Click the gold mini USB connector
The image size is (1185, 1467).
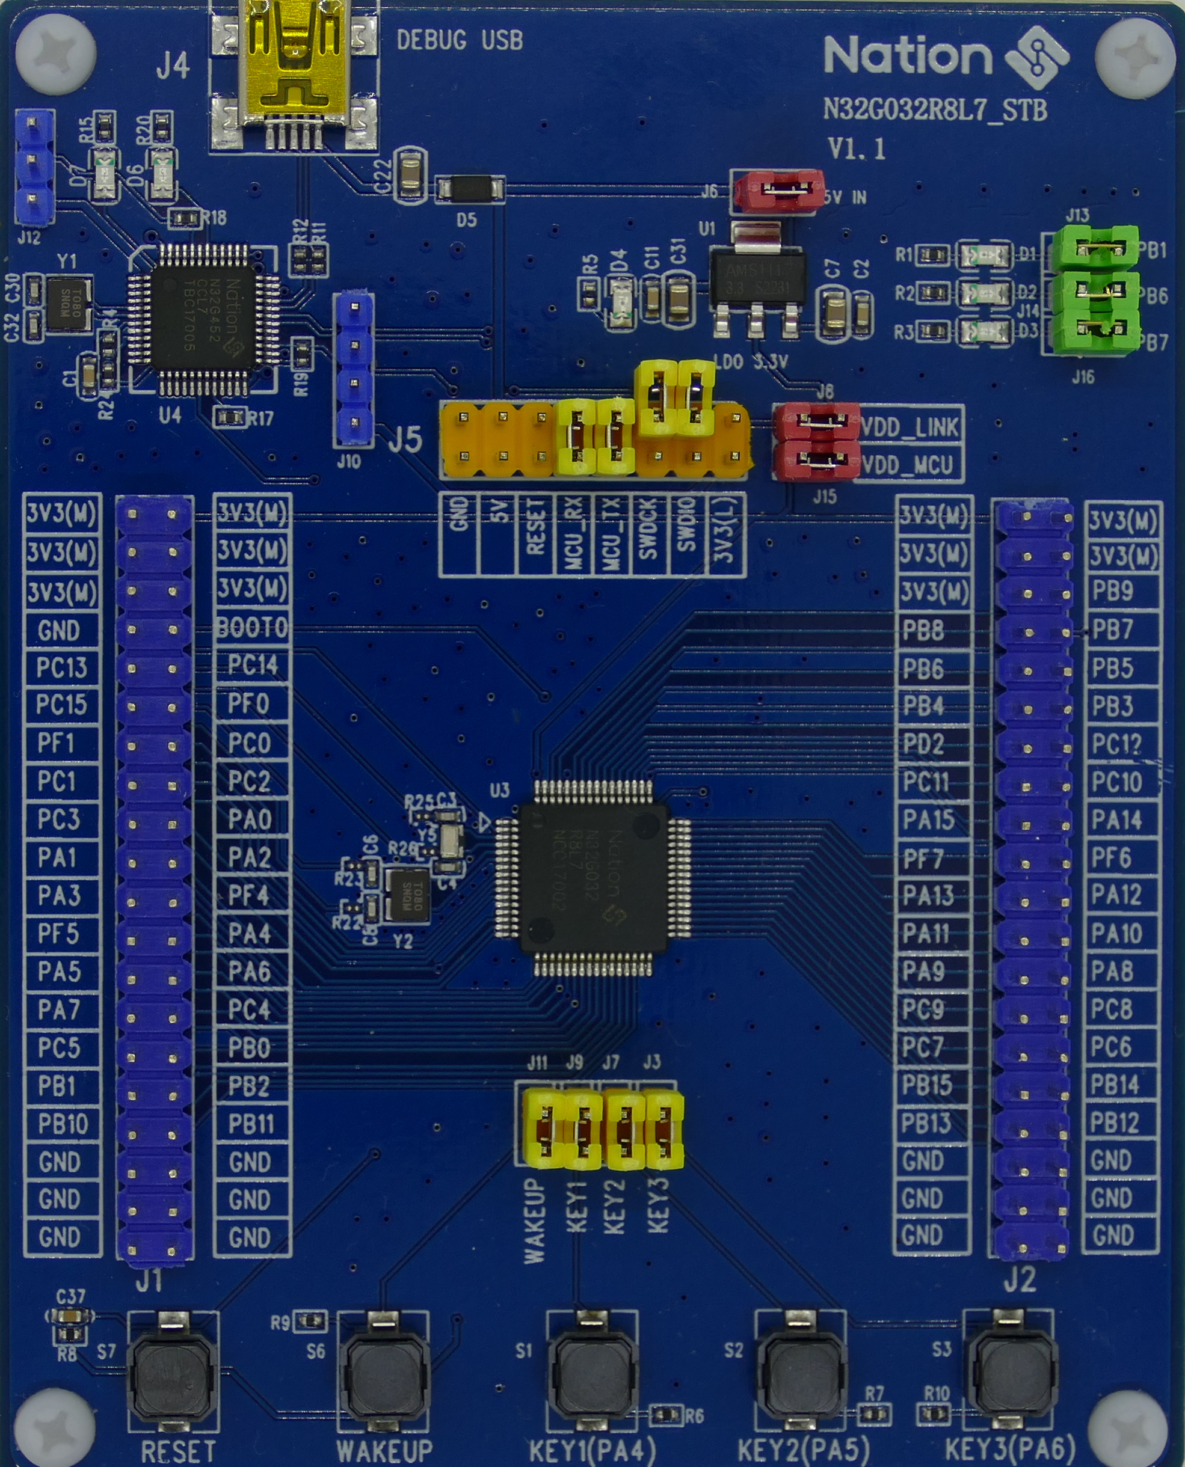pyautogui.click(x=294, y=68)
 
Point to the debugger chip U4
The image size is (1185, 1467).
pyautogui.click(x=203, y=319)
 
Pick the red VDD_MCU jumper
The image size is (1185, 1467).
pyautogui.click(x=815, y=461)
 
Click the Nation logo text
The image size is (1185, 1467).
pyautogui.click(x=907, y=56)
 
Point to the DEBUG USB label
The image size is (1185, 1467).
pyautogui.click(x=460, y=40)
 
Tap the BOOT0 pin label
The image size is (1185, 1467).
pyautogui.click(x=252, y=628)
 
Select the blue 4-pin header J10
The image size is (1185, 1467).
pyautogui.click(x=354, y=369)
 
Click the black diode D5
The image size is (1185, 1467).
pyautogui.click(x=470, y=188)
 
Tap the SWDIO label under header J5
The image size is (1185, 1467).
pyautogui.click(x=688, y=536)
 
